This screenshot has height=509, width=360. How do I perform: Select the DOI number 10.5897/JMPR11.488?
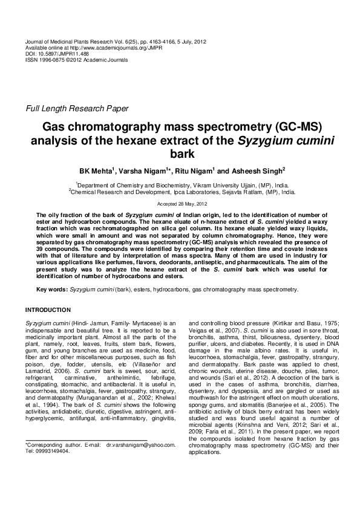pyautogui.click(x=58, y=53)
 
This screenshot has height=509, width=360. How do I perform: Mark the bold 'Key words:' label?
pyautogui.click(x=52, y=290)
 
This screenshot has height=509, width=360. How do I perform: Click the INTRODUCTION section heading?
pyautogui.click(x=50, y=310)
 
